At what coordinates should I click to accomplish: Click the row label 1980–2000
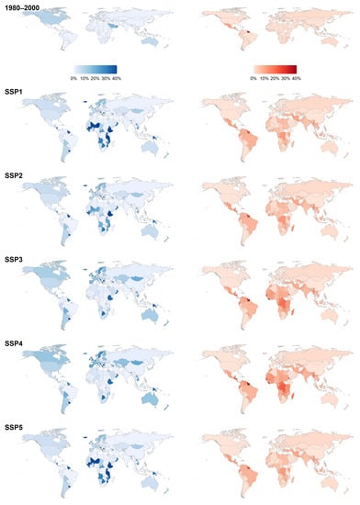pos(21,7)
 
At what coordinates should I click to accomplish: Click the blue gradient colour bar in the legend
pos(97,69)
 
